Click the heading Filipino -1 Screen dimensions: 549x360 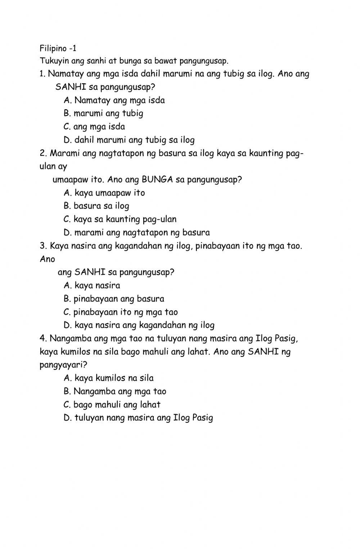point(58,48)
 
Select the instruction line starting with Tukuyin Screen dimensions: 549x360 point(134,61)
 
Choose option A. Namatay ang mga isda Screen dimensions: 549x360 point(114,100)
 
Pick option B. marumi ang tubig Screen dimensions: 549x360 point(103,113)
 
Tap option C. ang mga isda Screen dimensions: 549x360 point(94,127)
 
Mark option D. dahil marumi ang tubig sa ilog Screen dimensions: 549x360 point(129,140)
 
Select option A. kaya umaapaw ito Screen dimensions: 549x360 point(104,193)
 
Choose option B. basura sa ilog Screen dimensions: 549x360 point(96,206)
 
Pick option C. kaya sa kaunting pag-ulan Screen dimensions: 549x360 point(120,219)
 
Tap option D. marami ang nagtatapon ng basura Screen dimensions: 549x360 point(136,233)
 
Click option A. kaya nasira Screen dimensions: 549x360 point(92,285)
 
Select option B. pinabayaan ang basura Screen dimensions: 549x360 point(114,299)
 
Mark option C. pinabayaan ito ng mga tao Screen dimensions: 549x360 point(121,312)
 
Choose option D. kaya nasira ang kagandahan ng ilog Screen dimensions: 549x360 point(139,325)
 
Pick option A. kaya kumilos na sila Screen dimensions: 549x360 point(108,378)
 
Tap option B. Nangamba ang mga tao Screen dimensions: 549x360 point(115,391)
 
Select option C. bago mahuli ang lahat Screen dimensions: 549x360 point(112,405)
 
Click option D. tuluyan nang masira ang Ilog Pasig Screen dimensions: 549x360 point(138,418)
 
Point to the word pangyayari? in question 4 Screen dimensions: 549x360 point(63,365)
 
